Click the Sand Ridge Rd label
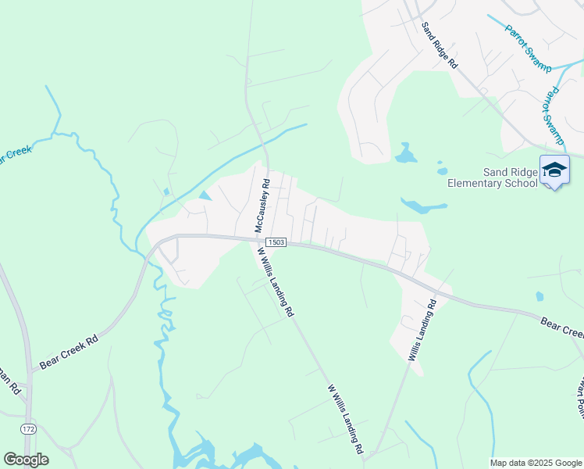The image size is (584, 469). (439, 46)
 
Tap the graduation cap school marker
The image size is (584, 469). (555, 170)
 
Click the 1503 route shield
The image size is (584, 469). (275, 242)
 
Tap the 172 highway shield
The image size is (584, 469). (29, 429)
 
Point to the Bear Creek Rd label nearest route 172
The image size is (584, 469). (70, 353)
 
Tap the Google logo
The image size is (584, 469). (26, 460)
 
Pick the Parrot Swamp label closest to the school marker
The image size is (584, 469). (554, 117)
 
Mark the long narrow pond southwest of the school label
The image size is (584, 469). (423, 206)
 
